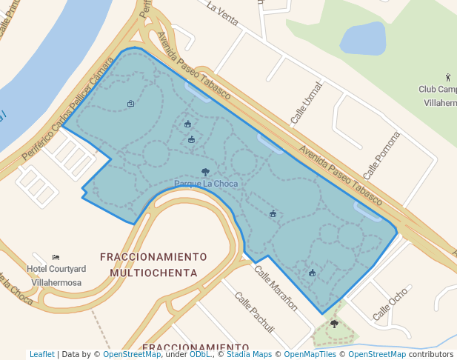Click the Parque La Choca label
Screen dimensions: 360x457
point(204,183)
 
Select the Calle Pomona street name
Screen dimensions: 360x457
point(381,156)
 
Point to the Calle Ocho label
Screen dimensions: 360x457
point(390,304)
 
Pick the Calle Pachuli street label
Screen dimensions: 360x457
point(255,312)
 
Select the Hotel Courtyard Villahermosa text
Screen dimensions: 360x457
point(57,273)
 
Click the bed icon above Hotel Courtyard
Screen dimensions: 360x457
point(56,257)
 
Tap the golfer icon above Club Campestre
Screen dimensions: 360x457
point(447,76)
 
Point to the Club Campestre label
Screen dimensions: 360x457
point(437,96)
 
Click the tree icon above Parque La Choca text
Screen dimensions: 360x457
point(205,172)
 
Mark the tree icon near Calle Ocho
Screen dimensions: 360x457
point(334,324)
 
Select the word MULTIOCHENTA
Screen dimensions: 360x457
point(153,273)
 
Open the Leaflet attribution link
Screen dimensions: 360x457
point(41,355)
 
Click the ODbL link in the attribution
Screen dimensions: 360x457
point(200,355)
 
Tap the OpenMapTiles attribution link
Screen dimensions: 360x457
point(311,355)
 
